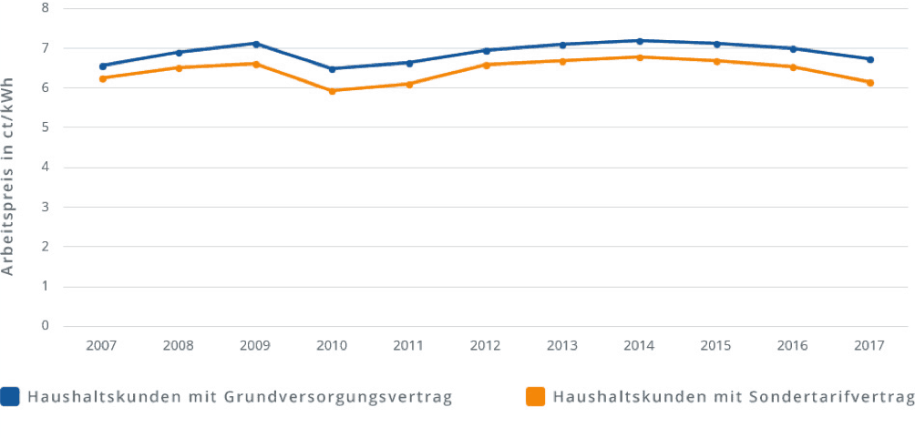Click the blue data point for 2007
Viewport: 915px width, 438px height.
pyautogui.click(x=103, y=66)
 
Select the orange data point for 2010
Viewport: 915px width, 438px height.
pyautogui.click(x=333, y=91)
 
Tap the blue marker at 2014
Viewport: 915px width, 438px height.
pyautogui.click(x=640, y=41)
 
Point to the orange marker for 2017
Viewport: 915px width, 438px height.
pyautogui.click(x=870, y=83)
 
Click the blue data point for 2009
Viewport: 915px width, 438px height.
pyautogui.click(x=256, y=44)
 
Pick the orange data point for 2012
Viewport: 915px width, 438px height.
pyautogui.click(x=487, y=65)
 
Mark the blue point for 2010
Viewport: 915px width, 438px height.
pyautogui.click(x=333, y=68)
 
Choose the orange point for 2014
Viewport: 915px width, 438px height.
pyautogui.click(x=640, y=57)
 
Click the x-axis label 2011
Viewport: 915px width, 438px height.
pyautogui.click(x=409, y=346)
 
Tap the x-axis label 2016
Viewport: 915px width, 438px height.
pyautogui.click(x=793, y=346)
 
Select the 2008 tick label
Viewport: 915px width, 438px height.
pyautogui.click(x=179, y=346)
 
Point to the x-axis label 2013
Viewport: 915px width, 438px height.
pyautogui.click(x=562, y=346)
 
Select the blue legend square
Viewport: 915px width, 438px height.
pyautogui.click(x=11, y=397)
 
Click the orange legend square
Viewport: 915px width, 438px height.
pyautogui.click(x=535, y=397)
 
